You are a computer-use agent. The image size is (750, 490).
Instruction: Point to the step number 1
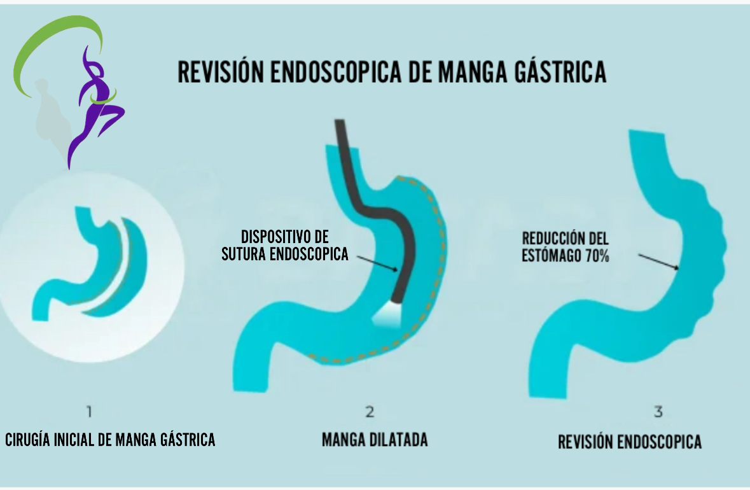[x=89, y=412]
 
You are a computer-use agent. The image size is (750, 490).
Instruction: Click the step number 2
[x=369, y=412]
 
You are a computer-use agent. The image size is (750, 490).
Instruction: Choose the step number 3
[x=658, y=412]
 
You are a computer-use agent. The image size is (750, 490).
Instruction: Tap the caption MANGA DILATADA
[x=375, y=439]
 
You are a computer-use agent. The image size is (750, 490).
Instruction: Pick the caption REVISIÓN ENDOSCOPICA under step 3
[x=630, y=442]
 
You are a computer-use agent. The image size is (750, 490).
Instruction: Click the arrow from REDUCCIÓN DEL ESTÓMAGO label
[x=658, y=262]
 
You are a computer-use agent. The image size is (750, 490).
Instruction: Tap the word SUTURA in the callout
[x=247, y=254]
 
